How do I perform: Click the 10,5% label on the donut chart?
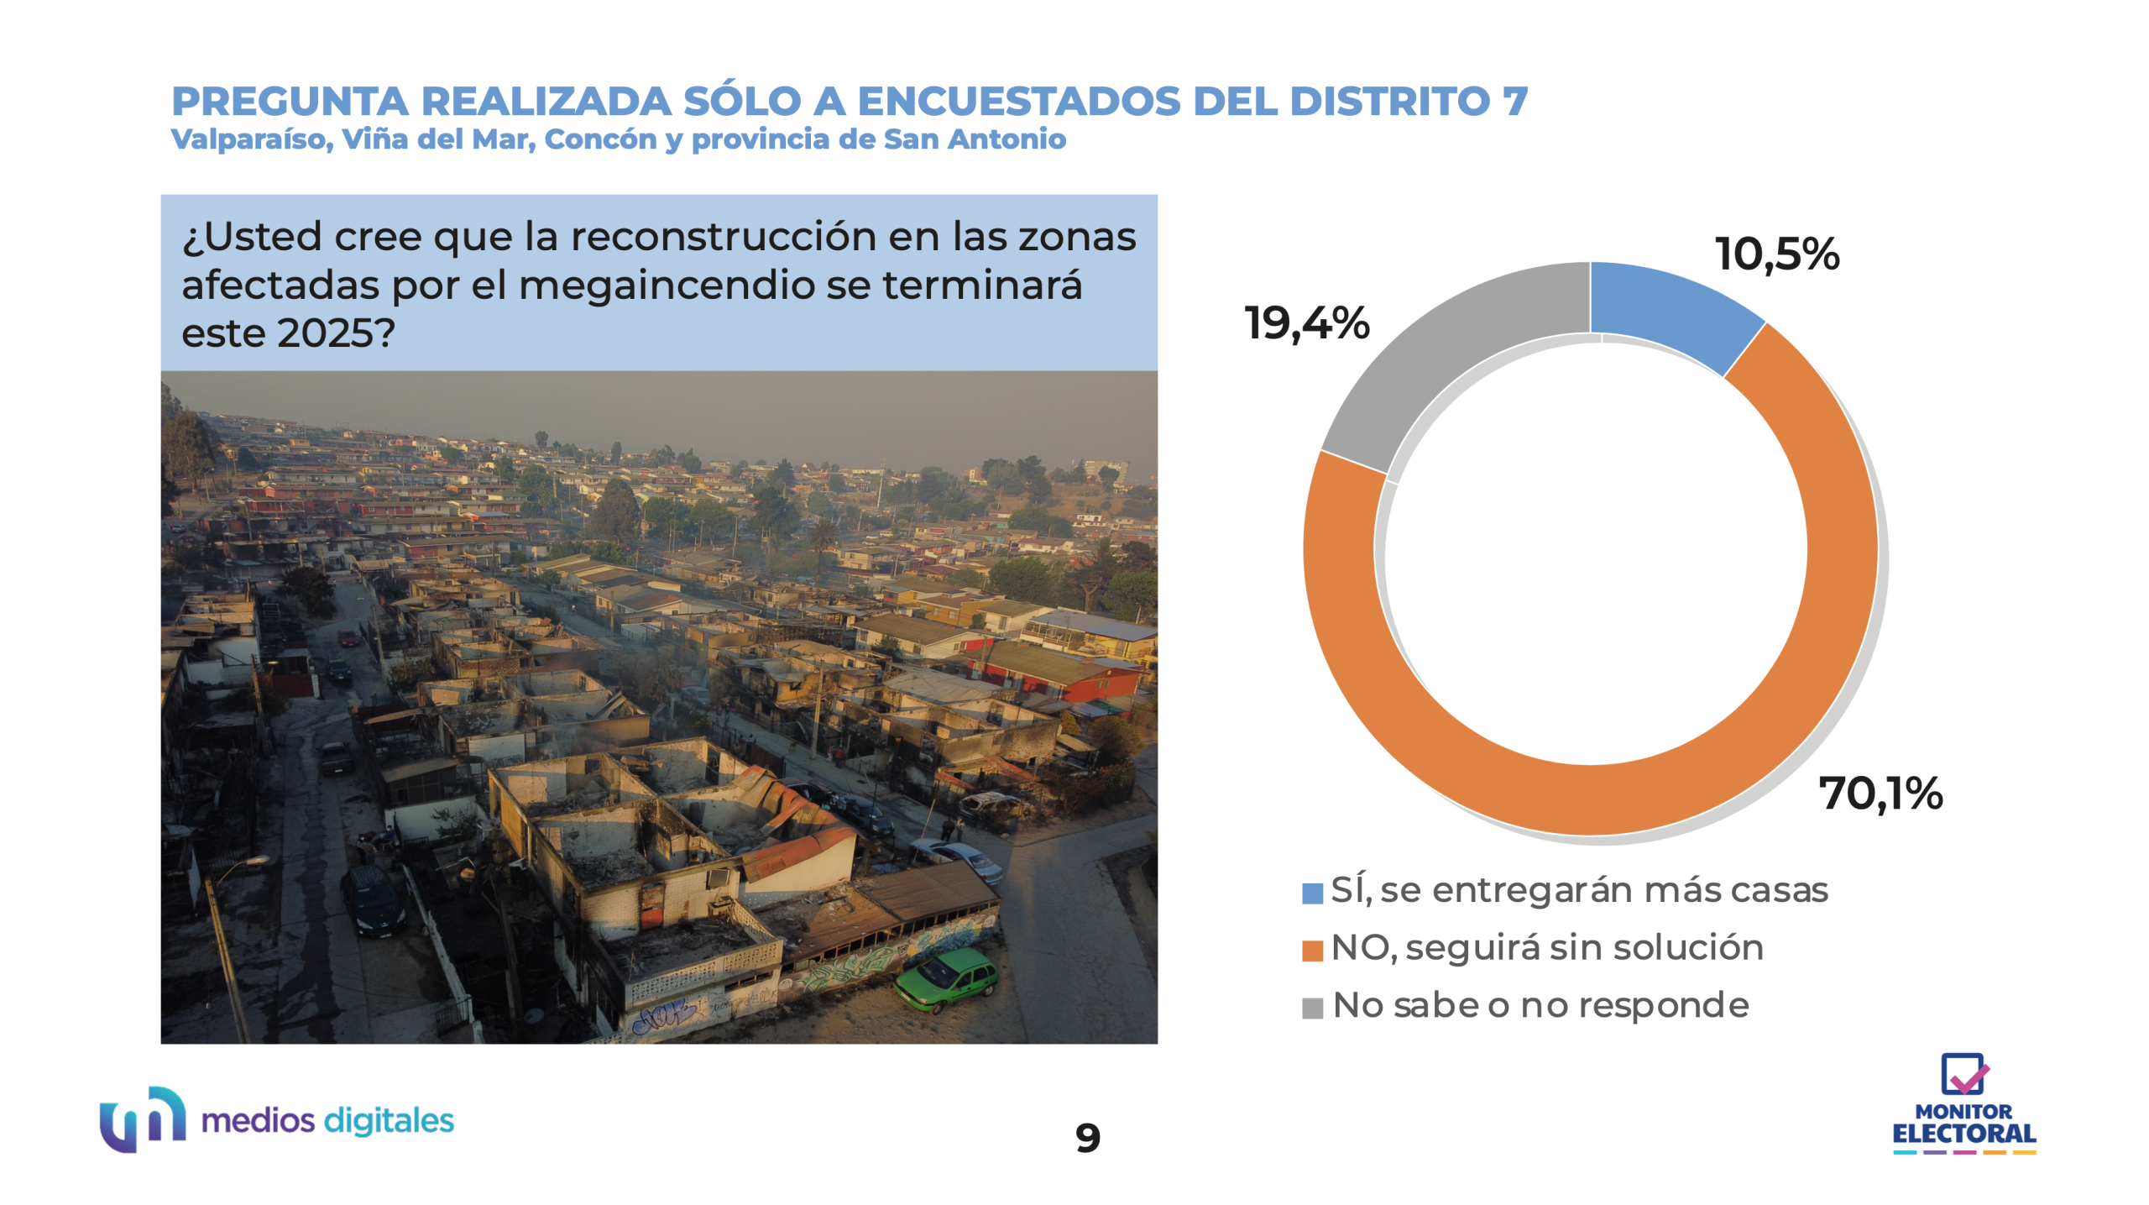tap(1777, 254)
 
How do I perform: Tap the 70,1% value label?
tap(1880, 793)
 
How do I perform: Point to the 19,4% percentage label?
tap(1307, 323)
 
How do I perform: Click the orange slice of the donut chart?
tap(1805, 672)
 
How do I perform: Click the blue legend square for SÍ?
tap(1312, 893)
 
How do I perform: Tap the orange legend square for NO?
tap(1312, 950)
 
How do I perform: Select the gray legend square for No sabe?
tap(1312, 1008)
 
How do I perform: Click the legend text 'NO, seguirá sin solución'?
tap(1547, 948)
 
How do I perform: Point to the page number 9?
tap(1087, 1138)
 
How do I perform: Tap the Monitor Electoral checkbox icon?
tap(1963, 1074)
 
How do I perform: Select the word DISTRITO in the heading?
tap(1389, 102)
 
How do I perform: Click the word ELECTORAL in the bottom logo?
tap(1963, 1134)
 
